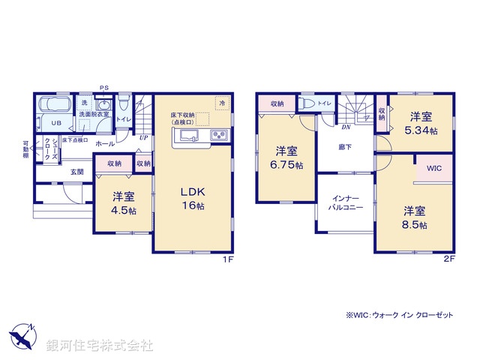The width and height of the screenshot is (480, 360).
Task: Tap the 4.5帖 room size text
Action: point(124,211)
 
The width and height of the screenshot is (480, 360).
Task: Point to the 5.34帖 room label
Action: point(420,128)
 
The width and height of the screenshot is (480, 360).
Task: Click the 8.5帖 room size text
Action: point(414,224)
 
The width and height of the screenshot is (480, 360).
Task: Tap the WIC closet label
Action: point(434,169)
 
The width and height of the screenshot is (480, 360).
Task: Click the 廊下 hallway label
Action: point(344,148)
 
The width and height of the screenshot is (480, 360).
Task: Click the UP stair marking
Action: point(142,137)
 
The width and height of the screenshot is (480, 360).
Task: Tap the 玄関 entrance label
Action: point(76,172)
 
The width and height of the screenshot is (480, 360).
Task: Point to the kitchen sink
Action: point(187,136)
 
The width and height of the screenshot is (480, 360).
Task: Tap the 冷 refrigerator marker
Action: point(222,101)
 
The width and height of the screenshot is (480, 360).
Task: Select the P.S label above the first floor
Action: point(104,88)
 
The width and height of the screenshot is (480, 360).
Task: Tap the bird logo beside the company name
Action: point(23,338)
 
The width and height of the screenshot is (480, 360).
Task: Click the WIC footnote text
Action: point(400,315)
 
